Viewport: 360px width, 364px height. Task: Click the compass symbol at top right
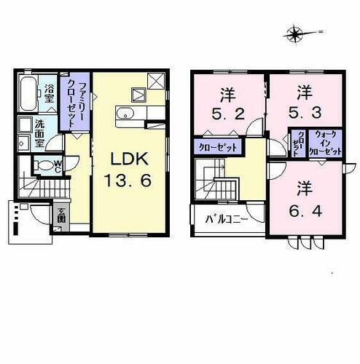click(294, 33)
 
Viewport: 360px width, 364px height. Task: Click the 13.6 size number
click(128, 181)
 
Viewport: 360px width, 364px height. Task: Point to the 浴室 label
click(50, 93)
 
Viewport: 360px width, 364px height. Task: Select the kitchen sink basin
click(123, 114)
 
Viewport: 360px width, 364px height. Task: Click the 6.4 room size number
click(304, 199)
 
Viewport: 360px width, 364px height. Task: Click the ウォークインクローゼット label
click(325, 144)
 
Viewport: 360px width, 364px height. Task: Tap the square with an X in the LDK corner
click(155, 80)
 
